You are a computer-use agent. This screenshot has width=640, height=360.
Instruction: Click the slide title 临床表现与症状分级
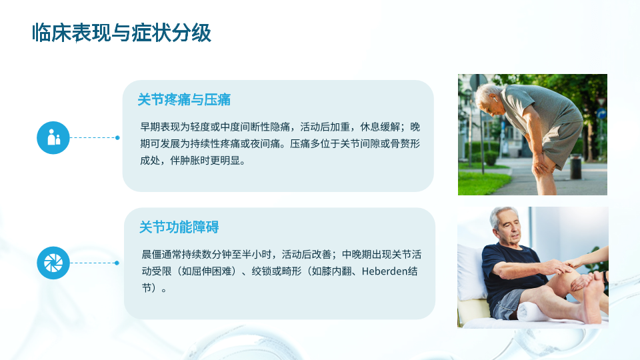pos(121,33)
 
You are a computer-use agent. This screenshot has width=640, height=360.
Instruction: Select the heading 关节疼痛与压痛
pos(184,99)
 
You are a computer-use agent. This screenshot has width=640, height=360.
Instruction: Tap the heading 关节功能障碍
pos(179,227)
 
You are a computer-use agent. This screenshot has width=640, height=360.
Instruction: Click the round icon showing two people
pos(53,137)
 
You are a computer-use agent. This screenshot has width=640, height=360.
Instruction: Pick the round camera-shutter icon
pos(53,263)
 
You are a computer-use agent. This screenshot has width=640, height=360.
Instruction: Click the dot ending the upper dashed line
pos(117,137)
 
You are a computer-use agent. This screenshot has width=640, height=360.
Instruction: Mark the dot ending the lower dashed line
pos(117,263)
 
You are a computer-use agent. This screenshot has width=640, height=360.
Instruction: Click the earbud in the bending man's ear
pos(494,99)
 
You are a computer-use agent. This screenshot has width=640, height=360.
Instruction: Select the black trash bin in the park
pos(576,166)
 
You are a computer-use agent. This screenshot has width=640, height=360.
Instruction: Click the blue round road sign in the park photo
pos(601,113)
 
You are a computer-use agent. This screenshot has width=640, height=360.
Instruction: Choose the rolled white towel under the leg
pos(533,312)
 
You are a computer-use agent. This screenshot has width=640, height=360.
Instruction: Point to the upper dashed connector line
pos(93,137)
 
